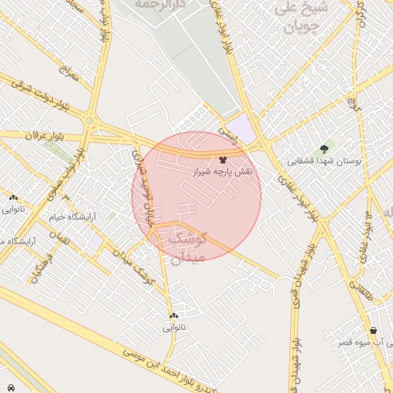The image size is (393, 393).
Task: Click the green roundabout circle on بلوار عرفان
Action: click(x=90, y=120)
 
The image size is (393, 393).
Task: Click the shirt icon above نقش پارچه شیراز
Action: click(x=223, y=161)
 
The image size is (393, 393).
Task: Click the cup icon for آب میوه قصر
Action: click(x=373, y=330)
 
